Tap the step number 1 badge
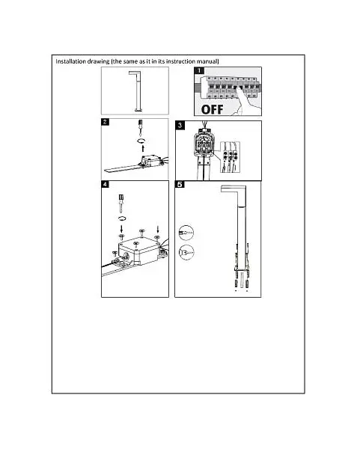coord(199,71)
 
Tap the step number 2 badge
coord(106,122)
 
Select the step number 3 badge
coord(180,125)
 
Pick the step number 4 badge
coord(106,184)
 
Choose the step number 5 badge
coord(180,184)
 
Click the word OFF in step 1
coord(212,109)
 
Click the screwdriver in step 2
coord(141,126)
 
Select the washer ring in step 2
coord(141,141)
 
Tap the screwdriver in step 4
coord(121,203)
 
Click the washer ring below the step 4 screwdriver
coord(122,218)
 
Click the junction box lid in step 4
coord(139,245)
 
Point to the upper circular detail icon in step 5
coord(186,233)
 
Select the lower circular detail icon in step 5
coord(186,253)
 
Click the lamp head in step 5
coord(234,189)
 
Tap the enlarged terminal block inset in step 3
coord(230,157)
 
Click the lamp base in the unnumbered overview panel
coord(138,110)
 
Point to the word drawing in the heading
coord(98,61)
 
